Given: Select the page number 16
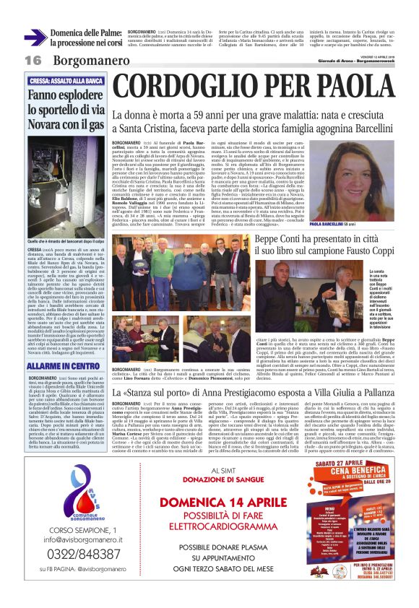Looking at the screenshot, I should (x=32, y=59).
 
